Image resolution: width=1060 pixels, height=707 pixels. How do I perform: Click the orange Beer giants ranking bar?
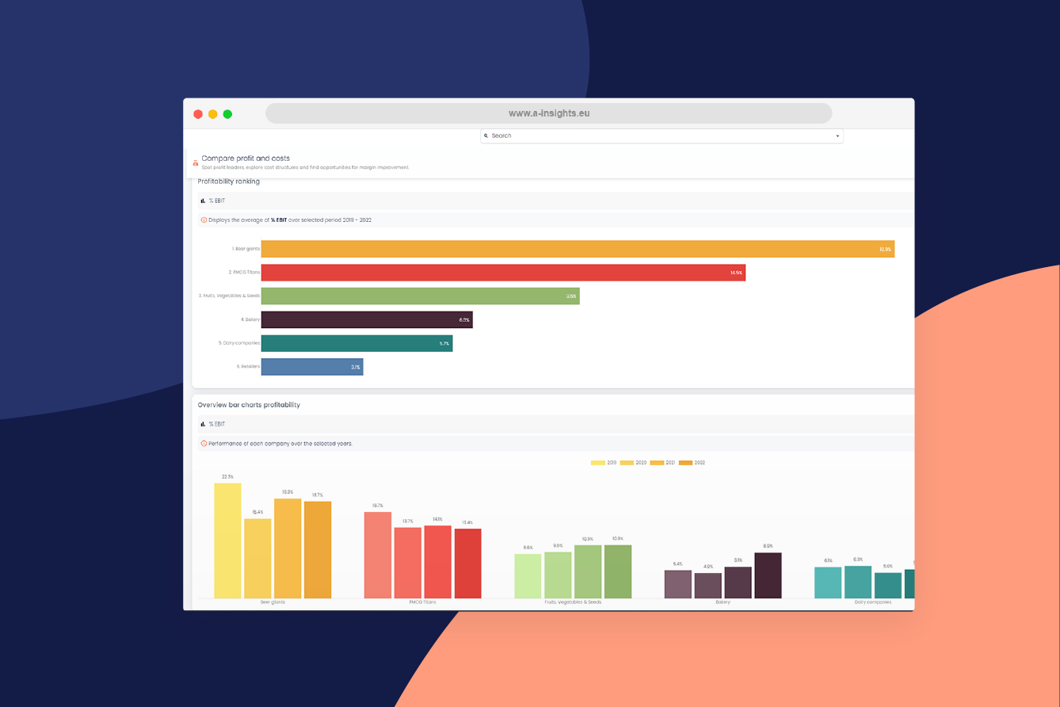click(577, 249)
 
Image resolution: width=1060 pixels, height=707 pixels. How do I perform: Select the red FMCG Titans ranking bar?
click(503, 273)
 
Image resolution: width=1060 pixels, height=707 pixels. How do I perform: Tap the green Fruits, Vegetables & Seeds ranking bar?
click(420, 296)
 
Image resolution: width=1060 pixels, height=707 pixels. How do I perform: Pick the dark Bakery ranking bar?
click(366, 319)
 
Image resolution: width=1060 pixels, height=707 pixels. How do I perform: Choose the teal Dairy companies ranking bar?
click(357, 343)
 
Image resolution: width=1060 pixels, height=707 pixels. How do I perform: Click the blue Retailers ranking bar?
click(311, 367)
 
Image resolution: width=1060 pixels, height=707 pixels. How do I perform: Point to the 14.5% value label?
click(736, 273)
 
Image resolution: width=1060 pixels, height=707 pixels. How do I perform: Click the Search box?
click(661, 136)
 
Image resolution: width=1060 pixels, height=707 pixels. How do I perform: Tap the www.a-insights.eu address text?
click(548, 113)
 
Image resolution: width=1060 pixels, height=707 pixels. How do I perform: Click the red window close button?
click(198, 114)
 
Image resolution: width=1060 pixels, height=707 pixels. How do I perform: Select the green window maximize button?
click(227, 114)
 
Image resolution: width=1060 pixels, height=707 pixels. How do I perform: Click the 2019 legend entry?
click(604, 462)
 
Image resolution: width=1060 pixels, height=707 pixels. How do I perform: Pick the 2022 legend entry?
click(692, 462)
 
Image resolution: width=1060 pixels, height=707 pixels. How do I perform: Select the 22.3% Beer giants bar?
click(227, 541)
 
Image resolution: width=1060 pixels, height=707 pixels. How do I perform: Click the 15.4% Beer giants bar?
click(257, 558)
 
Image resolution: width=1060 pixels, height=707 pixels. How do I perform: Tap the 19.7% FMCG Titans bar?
click(378, 555)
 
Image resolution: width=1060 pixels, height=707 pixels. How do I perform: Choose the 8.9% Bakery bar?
click(768, 575)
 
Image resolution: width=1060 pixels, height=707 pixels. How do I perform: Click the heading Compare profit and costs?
click(245, 159)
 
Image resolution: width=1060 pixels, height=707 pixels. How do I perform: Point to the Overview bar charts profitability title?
click(249, 405)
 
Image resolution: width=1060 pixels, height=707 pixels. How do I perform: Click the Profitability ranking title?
click(228, 182)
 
